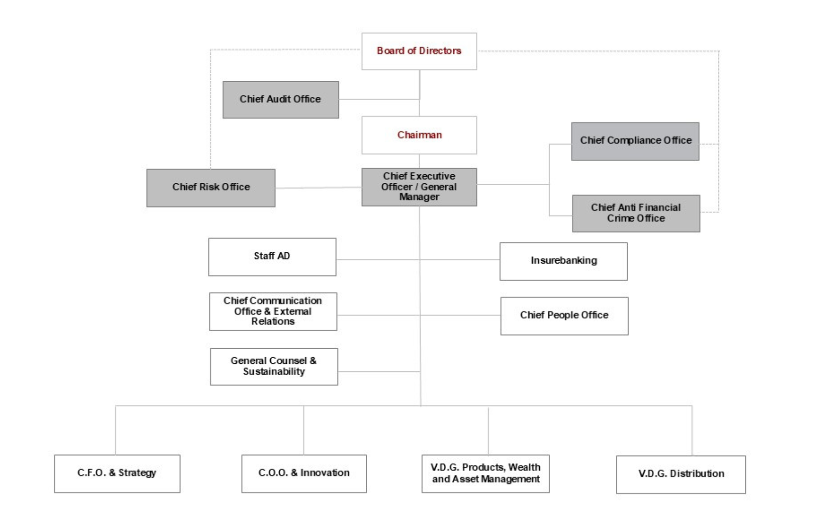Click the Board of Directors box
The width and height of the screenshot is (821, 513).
(x=419, y=51)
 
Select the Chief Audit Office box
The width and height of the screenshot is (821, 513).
(x=281, y=100)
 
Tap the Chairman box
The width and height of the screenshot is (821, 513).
(x=419, y=135)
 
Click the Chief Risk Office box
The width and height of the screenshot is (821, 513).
(x=211, y=188)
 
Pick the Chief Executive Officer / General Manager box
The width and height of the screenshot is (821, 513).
(x=419, y=187)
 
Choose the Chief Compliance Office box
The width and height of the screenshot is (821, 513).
(x=635, y=142)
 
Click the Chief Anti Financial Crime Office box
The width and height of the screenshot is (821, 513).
(x=636, y=213)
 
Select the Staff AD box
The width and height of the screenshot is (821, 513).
(x=272, y=257)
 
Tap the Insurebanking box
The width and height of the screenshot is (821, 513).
(x=563, y=262)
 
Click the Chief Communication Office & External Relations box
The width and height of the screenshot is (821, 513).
(x=273, y=312)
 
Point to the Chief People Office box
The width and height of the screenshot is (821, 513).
(x=564, y=316)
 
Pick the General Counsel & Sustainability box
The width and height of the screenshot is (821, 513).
(x=274, y=367)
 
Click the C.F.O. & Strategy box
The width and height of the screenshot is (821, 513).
(x=117, y=474)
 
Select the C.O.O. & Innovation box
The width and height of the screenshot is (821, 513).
(x=304, y=474)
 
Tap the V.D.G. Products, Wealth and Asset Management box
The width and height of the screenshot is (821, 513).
(x=486, y=474)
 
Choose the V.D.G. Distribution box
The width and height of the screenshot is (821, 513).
(x=681, y=475)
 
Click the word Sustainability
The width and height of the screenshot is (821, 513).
(x=274, y=372)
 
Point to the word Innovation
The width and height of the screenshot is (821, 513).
(x=325, y=473)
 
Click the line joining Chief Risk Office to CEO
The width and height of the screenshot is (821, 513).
(x=318, y=188)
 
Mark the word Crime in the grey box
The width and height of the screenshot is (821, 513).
(x=621, y=218)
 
